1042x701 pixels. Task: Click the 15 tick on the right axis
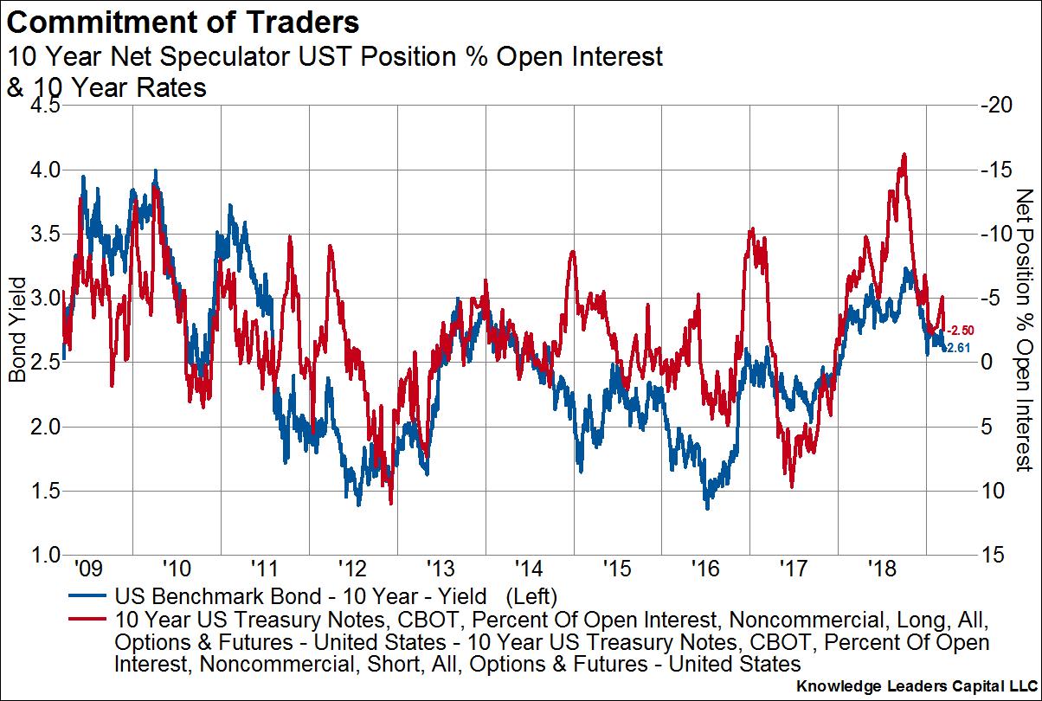pyautogui.click(x=994, y=555)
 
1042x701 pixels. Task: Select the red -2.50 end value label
pyautogui.click(x=962, y=330)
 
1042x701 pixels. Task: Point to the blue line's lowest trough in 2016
pyautogui.click(x=707, y=508)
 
